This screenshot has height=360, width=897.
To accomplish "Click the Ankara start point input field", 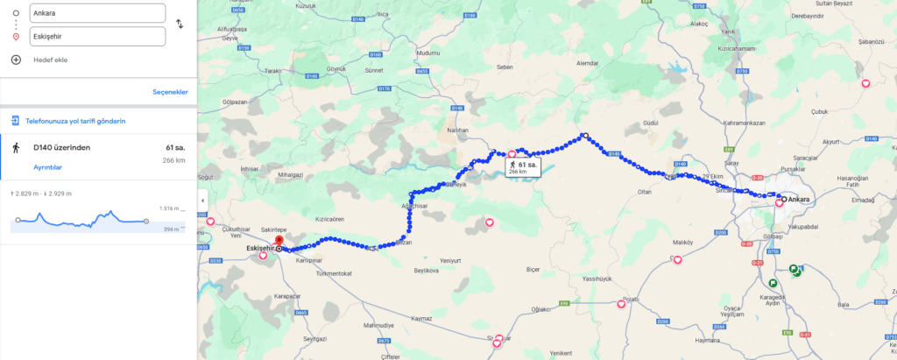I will coord(96,13).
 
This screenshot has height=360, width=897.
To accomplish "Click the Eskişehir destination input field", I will coord(96,37).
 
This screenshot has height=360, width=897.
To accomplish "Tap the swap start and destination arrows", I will coord(180,24).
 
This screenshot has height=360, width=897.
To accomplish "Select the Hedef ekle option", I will coord(49,60).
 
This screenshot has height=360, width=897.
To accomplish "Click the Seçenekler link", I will coord(170,92).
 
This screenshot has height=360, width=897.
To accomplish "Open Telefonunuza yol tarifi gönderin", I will coord(74,121).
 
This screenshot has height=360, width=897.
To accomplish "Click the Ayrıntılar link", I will coord(47,167).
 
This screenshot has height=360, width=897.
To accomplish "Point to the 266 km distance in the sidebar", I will coord(173,160).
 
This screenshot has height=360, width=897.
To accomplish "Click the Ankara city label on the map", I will coord(800,200).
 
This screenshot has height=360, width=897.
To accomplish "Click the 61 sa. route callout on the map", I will coord(521,166).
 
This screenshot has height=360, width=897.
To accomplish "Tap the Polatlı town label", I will coord(630,300).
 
